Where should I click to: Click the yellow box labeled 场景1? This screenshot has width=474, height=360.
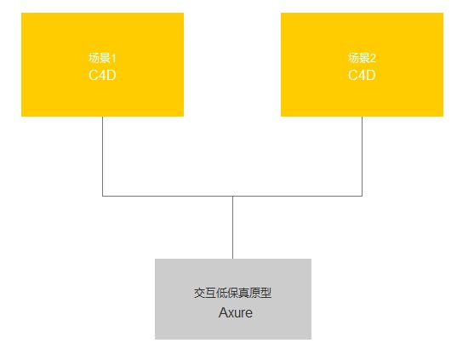tap(102, 65)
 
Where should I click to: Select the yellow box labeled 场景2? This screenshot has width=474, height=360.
tap(362, 65)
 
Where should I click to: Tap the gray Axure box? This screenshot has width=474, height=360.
tap(233, 299)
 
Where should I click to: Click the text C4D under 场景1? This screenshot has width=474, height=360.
tap(102, 75)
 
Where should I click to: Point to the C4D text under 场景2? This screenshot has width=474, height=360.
tap(362, 75)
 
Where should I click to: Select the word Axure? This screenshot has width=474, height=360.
tap(236, 312)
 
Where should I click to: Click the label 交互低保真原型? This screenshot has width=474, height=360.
tap(233, 293)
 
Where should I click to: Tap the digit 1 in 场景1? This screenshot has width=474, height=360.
tap(114, 58)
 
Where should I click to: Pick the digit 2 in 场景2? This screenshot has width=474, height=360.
tap(373, 58)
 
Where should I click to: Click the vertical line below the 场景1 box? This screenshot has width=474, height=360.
tap(102, 157)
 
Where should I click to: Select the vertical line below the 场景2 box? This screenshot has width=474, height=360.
tap(362, 157)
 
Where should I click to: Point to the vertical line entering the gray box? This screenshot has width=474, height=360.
tap(233, 227)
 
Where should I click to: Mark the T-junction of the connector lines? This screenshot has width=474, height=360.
tap(233, 197)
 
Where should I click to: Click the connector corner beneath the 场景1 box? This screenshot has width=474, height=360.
tap(102, 197)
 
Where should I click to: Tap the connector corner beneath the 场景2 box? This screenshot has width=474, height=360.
tap(362, 197)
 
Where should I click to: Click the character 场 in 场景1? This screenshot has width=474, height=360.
tap(94, 58)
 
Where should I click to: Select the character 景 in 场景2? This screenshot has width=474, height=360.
tap(364, 58)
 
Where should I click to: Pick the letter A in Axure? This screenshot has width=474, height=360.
tap(223, 312)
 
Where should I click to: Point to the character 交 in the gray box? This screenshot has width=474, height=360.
tap(199, 293)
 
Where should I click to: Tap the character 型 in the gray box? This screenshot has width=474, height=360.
tap(266, 293)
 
